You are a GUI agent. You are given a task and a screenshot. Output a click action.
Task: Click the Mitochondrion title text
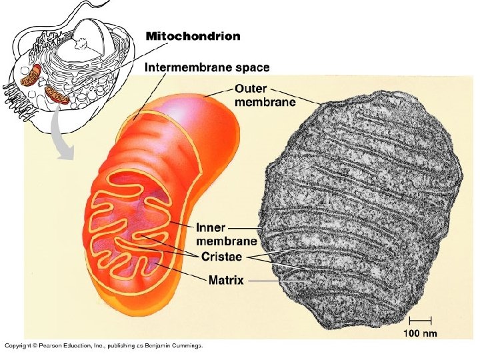pos(193,36)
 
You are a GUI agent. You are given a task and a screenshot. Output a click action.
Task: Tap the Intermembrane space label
pos(207,67)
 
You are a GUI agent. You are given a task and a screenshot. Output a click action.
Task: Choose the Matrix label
pos(226,281)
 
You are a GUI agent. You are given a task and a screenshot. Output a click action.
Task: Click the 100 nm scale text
pos(421,332)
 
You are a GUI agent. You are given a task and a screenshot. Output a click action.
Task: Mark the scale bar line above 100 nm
pos(421,321)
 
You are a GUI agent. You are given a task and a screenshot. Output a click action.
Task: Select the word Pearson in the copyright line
pos(53,345)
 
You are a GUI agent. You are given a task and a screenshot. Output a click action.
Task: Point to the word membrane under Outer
pos(255,102)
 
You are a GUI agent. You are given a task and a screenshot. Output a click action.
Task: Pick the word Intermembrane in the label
pos(185,67)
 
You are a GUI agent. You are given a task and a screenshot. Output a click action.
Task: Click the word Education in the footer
pos(82,345)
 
